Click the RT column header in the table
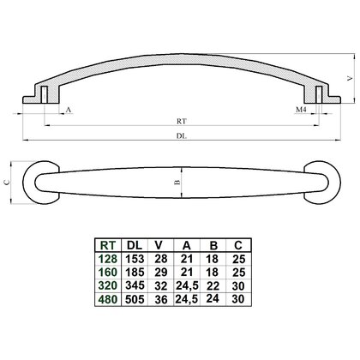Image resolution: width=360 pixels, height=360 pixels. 108,245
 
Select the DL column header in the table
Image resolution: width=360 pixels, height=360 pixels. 135,245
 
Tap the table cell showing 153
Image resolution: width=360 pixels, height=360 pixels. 135,259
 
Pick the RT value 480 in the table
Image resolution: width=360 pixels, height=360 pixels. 108,299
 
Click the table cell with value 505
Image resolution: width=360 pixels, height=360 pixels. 135,299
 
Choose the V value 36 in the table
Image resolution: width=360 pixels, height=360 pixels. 161,299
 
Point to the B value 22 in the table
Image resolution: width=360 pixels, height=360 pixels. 213,285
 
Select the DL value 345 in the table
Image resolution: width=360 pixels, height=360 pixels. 135,285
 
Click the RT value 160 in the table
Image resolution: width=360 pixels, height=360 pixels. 108,272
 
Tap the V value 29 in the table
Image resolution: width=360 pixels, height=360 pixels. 161,272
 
